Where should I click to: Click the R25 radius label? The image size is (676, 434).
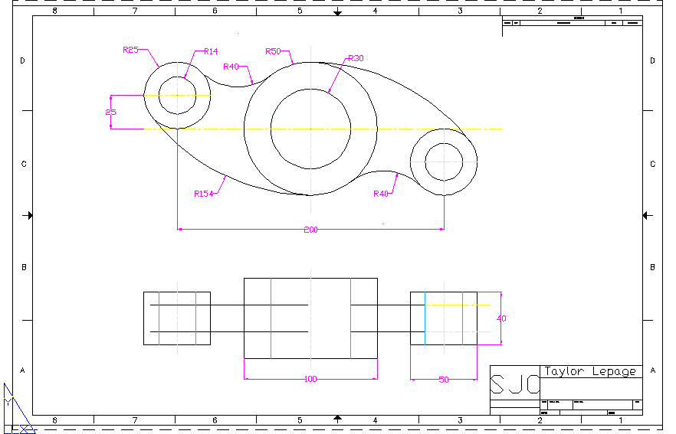[x=130, y=50]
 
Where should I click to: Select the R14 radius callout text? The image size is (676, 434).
[x=211, y=51]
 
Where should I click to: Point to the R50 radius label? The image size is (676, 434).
[x=273, y=51]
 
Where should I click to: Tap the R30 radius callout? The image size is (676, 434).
[x=356, y=58]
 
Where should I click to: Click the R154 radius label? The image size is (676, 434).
[x=203, y=194]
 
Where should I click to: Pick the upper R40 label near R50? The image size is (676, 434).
[x=231, y=67]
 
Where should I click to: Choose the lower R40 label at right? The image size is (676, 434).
[x=381, y=194]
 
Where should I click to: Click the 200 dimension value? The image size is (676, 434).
[x=310, y=230]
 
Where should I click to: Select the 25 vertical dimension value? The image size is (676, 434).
[x=110, y=113]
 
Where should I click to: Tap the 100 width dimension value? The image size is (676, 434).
[x=310, y=379]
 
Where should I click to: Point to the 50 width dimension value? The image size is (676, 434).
[x=443, y=380]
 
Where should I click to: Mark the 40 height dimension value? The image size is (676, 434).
[x=502, y=318]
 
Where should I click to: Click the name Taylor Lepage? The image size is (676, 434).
[x=590, y=371]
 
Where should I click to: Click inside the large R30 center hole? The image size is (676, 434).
[x=310, y=128]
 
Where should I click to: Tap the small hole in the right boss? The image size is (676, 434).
[x=444, y=162]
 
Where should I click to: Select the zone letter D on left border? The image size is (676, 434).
[x=22, y=60]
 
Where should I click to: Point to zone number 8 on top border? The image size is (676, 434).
[x=54, y=11]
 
